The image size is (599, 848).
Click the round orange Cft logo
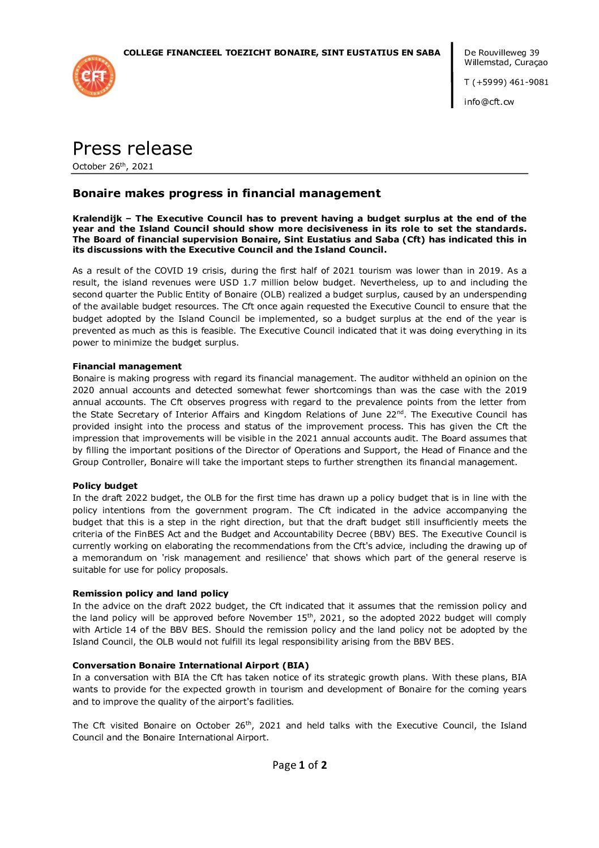94,76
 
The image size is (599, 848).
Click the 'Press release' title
132,148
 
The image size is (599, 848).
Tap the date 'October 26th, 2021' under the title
113,167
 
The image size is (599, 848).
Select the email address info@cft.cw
489,102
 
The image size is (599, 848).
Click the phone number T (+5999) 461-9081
506,82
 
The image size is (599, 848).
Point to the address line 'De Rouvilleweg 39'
502,53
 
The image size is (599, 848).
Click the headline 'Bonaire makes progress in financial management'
226,194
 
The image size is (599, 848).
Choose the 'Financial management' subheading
127,367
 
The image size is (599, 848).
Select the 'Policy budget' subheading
105,486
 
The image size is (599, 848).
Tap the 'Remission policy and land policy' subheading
150,594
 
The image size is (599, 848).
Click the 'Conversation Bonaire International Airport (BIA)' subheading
190,666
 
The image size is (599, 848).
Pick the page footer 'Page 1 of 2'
299,765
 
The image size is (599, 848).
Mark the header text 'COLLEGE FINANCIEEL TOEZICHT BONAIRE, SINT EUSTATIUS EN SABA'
281,53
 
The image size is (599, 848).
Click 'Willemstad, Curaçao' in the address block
506,63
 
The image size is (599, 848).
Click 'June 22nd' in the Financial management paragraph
383,415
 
